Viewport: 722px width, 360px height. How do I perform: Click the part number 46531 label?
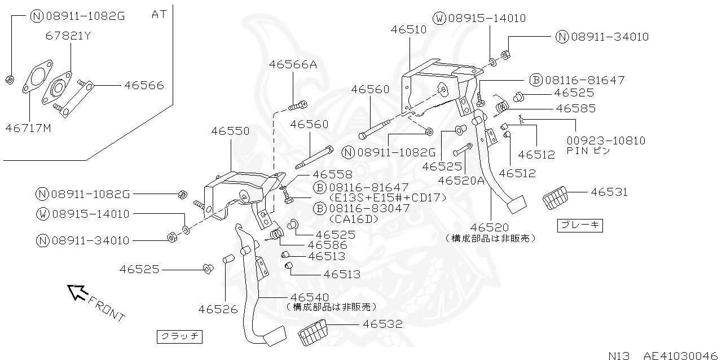[x=609, y=192]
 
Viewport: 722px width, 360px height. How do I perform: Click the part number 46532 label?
[x=382, y=324]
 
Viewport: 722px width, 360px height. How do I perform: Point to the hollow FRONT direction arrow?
[x=76, y=292]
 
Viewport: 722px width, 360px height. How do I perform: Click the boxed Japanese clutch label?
[x=179, y=337]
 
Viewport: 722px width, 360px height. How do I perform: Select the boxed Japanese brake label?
[x=580, y=226]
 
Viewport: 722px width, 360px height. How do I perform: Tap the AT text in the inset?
[x=159, y=14]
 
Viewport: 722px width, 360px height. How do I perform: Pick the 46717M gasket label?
[x=28, y=128]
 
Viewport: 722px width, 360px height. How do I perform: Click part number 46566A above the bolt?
[x=293, y=65]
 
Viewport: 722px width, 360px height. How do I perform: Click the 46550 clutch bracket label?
[x=230, y=131]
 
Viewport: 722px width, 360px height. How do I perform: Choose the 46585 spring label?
[x=575, y=108]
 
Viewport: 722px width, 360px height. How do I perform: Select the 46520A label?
[x=461, y=180]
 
